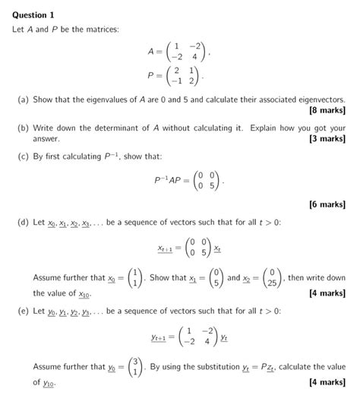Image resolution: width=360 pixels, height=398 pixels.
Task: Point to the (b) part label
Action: [x=24, y=128]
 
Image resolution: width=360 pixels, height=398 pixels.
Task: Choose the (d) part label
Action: [x=24, y=224]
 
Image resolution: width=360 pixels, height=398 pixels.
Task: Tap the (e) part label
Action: [x=24, y=311]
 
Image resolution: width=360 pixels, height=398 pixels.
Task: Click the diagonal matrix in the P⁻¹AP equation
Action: [x=205, y=182]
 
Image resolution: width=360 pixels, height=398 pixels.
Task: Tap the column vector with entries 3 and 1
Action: [x=132, y=368]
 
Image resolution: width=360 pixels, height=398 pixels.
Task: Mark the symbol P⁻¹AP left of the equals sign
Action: [x=168, y=182]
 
